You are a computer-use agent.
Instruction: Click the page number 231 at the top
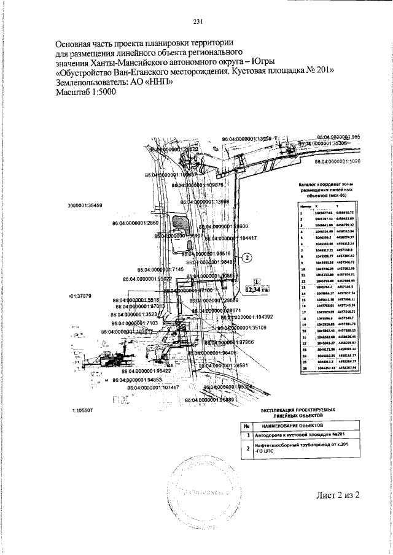coord(197,21)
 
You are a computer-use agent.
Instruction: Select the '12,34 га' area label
coord(257,289)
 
